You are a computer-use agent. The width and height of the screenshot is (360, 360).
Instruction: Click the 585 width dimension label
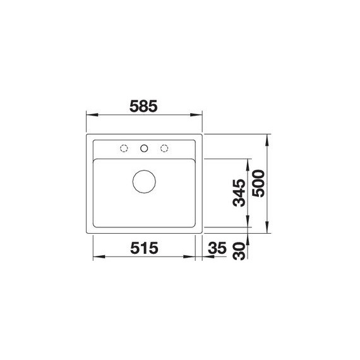pyautogui.click(x=143, y=106)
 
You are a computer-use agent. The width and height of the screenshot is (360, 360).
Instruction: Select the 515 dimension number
pyautogui.click(x=144, y=248)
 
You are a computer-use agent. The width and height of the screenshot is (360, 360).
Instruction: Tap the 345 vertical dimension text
pyautogui.click(x=239, y=193)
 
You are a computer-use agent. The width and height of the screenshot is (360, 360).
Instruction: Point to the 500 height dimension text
pyautogui.click(x=258, y=183)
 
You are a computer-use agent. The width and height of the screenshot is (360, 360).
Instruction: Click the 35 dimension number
pyautogui.click(x=217, y=248)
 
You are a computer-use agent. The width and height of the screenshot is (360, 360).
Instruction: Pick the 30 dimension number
pyautogui.click(x=239, y=251)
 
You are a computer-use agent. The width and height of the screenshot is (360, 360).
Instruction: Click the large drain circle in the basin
pyautogui.click(x=144, y=181)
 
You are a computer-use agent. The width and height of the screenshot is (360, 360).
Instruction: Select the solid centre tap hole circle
pyautogui.click(x=144, y=148)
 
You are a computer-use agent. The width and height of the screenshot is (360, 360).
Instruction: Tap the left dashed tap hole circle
pyautogui.click(x=124, y=148)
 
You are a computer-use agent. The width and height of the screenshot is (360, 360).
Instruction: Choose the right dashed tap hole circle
pyautogui.click(x=164, y=148)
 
